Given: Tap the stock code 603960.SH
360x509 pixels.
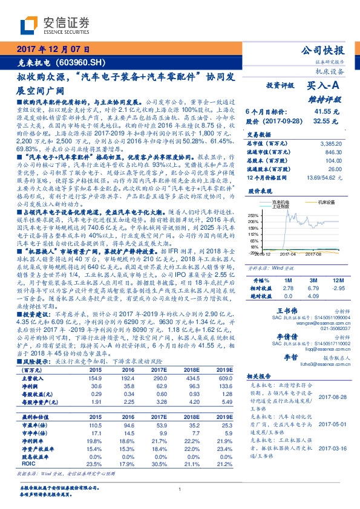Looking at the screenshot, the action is pos(82,62).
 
